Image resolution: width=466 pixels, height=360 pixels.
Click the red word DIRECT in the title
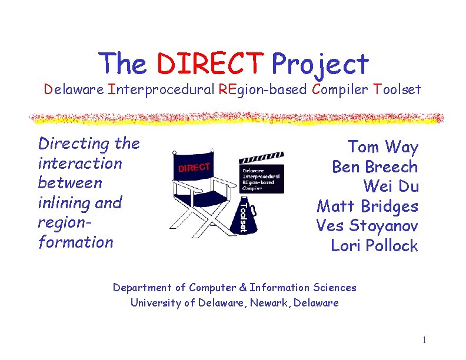(211, 64)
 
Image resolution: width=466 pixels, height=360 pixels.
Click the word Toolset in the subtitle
(397, 89)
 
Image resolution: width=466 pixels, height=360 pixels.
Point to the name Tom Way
(382, 146)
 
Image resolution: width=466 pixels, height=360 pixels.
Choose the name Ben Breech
(375, 166)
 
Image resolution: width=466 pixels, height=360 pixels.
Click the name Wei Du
(391, 186)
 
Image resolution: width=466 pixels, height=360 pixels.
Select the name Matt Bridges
(367, 206)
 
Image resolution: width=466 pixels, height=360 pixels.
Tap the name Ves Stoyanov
(367, 226)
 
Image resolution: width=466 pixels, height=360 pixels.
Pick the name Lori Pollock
(374, 246)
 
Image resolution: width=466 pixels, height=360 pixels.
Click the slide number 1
(424, 340)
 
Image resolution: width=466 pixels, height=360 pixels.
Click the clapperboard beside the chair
(261, 175)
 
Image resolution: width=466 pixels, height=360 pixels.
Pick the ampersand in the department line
(242, 288)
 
